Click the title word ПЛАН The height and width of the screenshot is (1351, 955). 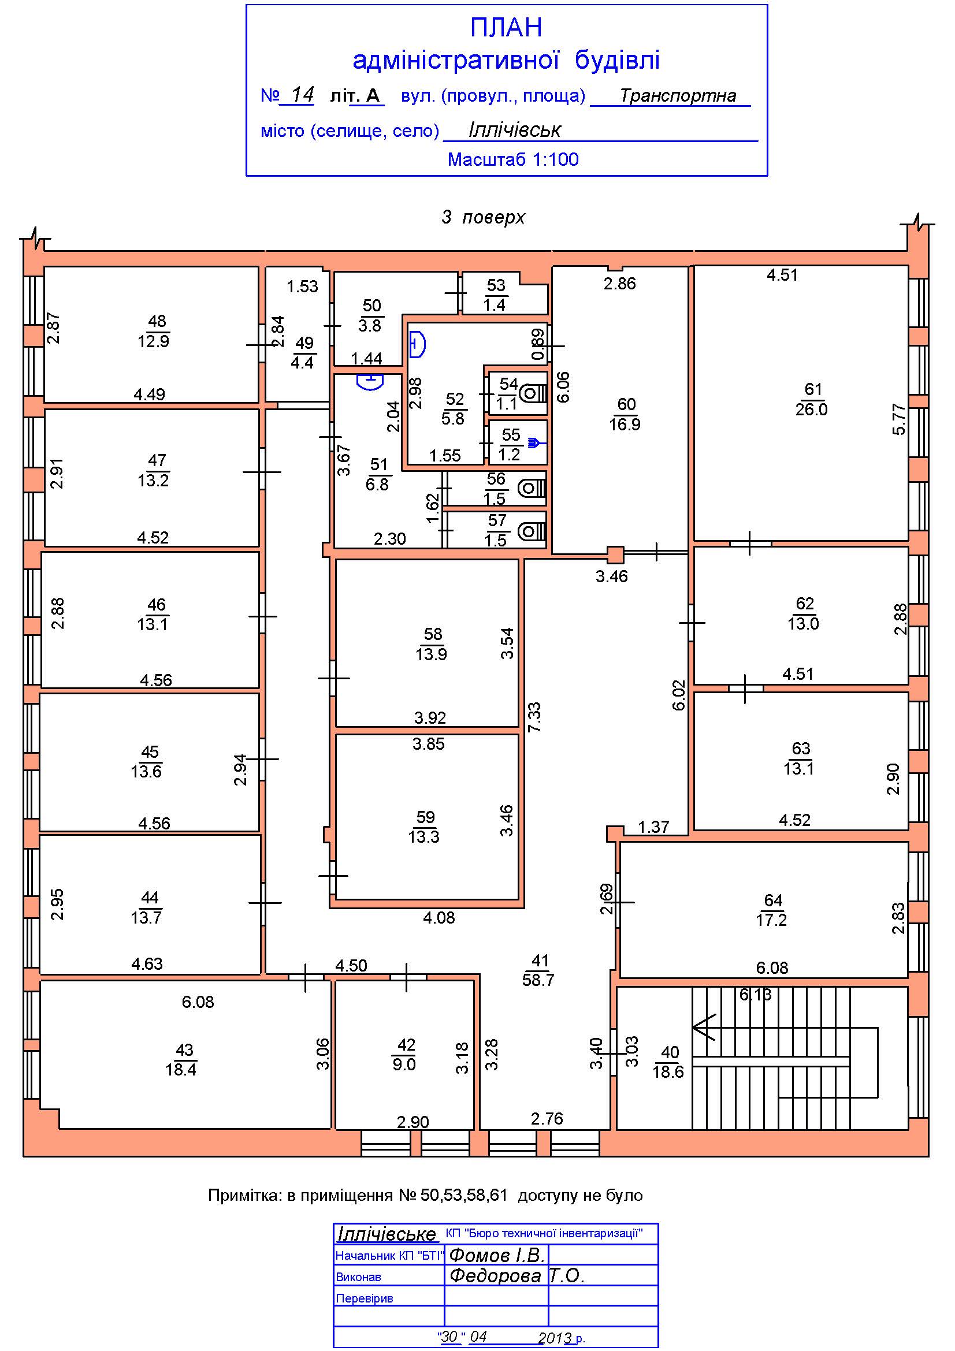[506, 28]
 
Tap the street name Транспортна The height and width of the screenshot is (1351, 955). [677, 95]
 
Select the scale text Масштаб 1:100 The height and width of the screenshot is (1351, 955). [513, 159]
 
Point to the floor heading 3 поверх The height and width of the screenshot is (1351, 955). [483, 218]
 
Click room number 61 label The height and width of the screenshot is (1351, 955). [813, 389]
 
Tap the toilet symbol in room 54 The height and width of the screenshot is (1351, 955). [534, 392]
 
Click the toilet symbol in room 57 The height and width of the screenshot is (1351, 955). [532, 532]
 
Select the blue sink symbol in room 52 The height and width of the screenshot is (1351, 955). [417, 344]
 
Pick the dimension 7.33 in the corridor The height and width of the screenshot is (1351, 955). [534, 717]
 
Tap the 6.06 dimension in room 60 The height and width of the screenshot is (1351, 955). [563, 386]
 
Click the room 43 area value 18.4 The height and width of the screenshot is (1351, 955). [181, 1069]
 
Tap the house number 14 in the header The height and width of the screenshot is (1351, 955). [303, 94]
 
